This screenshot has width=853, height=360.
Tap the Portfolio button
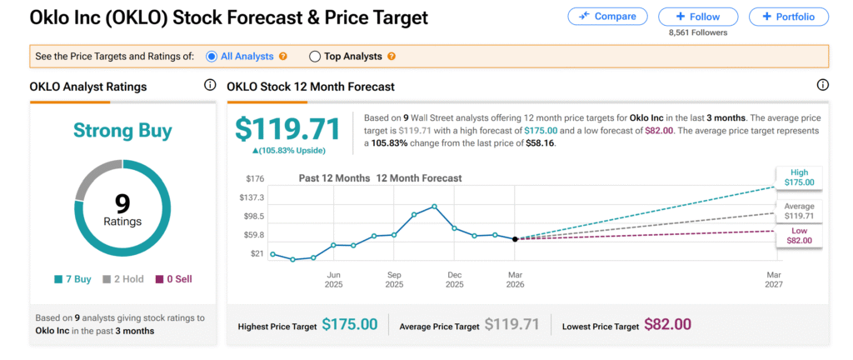click(x=789, y=16)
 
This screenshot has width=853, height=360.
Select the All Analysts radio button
click(x=211, y=57)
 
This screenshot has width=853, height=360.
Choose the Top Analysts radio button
click(x=315, y=57)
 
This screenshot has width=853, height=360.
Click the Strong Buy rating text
click(x=122, y=131)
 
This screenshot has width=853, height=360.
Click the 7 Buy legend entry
click(x=75, y=279)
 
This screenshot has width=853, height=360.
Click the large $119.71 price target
click(x=287, y=130)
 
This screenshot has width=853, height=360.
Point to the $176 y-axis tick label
click(x=254, y=178)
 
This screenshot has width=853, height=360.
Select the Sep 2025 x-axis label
click(x=394, y=279)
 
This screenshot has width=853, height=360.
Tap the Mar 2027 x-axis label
click(x=775, y=279)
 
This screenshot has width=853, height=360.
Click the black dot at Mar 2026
click(x=515, y=239)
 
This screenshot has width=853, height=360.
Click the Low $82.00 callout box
click(x=799, y=236)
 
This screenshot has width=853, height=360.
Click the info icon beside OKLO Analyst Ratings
click(x=209, y=86)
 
